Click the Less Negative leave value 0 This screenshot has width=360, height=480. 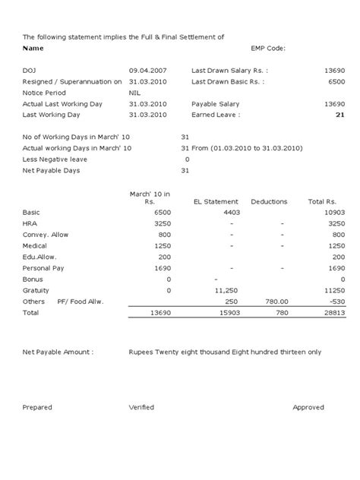coord(187,159)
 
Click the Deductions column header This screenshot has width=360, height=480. coord(269,202)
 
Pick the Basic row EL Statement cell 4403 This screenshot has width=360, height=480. coord(232,213)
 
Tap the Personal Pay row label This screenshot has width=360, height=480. coord(45,268)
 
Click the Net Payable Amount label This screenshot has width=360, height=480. coord(58,352)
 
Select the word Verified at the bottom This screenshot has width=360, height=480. coord(141,408)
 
